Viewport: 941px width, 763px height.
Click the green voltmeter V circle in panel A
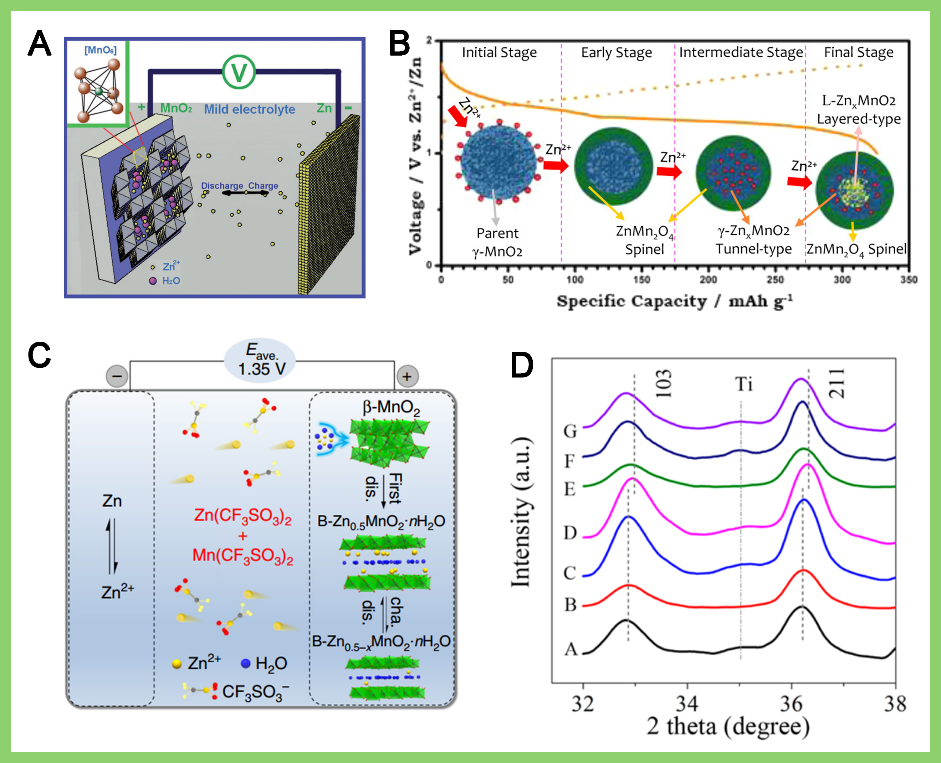(x=239, y=72)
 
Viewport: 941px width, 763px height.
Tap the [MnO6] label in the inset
(x=100, y=50)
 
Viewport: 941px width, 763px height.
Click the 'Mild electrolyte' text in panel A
(x=249, y=109)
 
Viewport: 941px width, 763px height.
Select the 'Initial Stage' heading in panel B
(x=499, y=53)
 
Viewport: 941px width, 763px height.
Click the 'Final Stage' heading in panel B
(x=858, y=53)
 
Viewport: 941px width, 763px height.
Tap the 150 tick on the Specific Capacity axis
(x=641, y=279)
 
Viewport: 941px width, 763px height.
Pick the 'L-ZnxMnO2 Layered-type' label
(x=858, y=110)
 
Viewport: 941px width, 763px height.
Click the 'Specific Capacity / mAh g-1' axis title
(x=675, y=301)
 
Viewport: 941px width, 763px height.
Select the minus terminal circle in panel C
(x=117, y=377)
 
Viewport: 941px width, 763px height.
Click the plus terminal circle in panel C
(x=407, y=377)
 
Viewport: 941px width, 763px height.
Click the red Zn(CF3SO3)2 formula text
(x=243, y=516)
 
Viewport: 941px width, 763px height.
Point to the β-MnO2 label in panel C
(x=391, y=407)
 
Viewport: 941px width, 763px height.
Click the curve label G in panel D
(x=570, y=431)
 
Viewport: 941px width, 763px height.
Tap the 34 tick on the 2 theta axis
(x=687, y=703)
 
